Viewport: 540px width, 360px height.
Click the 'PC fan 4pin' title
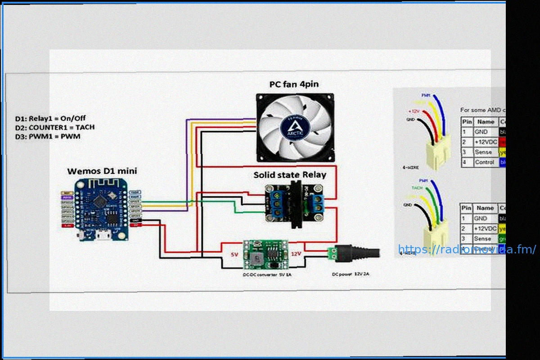coord(294,84)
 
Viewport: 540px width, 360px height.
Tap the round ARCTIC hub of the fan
coord(294,127)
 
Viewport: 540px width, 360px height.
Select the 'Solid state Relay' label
coord(290,175)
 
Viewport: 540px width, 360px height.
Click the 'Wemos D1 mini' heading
coord(102,171)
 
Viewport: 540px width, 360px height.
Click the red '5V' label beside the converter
coord(234,255)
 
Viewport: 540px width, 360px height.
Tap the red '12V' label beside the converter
coord(296,254)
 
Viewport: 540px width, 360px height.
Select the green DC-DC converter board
coord(265,254)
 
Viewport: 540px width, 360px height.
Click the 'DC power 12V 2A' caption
coord(351,274)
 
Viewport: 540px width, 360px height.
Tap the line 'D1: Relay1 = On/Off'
coord(50,119)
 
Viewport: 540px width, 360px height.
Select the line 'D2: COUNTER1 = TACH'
coord(54,127)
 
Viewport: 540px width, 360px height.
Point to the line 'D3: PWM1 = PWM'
coord(48,136)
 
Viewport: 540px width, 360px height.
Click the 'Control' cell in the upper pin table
coord(484,162)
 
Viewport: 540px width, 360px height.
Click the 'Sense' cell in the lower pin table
coord(483,238)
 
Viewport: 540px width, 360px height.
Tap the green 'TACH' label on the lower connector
coord(417,188)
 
